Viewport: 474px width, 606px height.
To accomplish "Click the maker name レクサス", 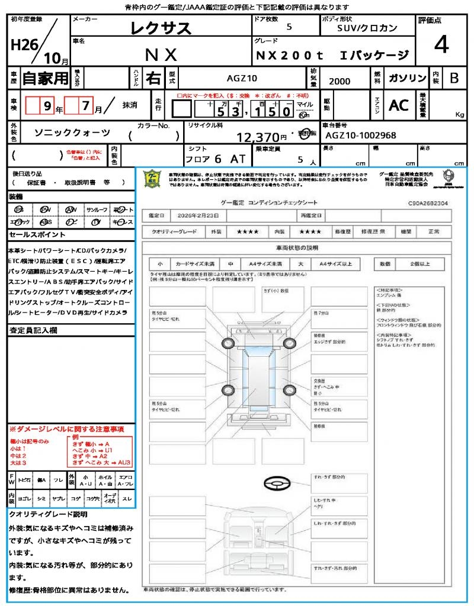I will click(x=161, y=28).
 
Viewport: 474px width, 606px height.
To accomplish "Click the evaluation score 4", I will click(x=440, y=45).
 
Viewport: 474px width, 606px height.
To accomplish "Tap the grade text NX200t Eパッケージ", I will click(x=332, y=55).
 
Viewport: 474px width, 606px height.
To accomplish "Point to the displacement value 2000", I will click(x=339, y=81).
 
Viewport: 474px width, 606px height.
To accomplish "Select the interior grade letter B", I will click(x=454, y=78).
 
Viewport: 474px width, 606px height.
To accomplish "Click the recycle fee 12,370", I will click(x=258, y=137).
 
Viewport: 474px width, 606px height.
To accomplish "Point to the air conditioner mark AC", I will click(x=399, y=105).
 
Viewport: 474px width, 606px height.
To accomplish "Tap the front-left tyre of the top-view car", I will click(x=228, y=344).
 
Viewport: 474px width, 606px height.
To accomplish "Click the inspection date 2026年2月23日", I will click(x=203, y=215).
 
